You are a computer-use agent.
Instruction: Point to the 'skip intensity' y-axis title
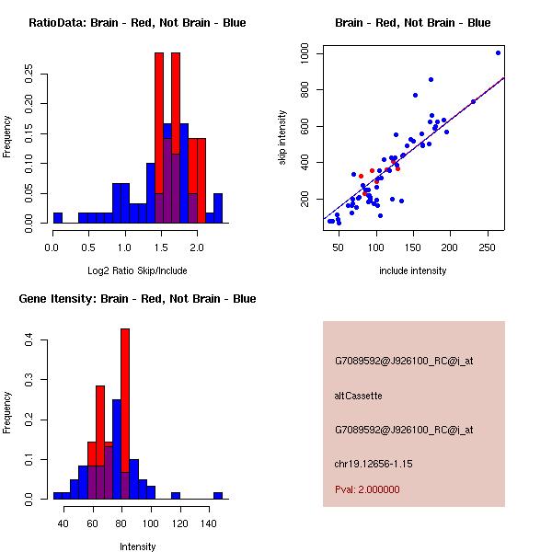coord(283,138)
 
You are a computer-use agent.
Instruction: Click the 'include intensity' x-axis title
coord(413,270)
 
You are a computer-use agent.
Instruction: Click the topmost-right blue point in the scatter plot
coord(498,52)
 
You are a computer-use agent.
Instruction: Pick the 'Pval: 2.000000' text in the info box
coord(367,489)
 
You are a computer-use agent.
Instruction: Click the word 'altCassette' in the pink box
coord(358,396)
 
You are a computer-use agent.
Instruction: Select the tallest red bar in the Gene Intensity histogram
coord(125,414)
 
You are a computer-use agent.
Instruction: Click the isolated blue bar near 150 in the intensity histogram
coord(218,495)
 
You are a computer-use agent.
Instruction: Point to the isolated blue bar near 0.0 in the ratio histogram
coord(57,218)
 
